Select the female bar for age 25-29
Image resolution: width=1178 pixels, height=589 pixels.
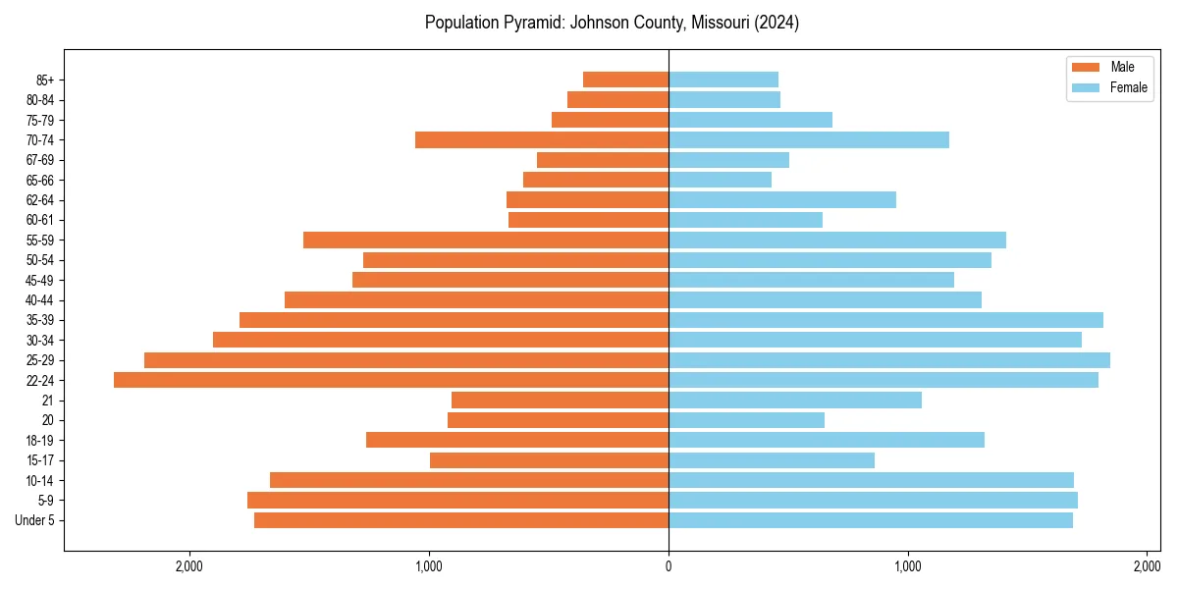click(x=889, y=360)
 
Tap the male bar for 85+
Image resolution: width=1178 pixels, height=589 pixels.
click(x=625, y=80)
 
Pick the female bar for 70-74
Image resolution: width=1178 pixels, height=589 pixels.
click(x=809, y=139)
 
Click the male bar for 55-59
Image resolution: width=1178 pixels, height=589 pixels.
click(x=486, y=240)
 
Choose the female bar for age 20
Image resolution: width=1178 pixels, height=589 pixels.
click(x=746, y=420)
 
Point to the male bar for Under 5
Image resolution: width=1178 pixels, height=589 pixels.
click(x=461, y=520)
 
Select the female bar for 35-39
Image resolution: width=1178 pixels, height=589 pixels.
click(x=885, y=320)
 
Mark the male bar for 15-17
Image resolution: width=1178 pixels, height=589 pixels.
click(x=549, y=460)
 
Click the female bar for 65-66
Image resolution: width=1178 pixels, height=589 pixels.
click(x=720, y=180)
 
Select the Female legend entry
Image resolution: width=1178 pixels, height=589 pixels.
click(x=1128, y=87)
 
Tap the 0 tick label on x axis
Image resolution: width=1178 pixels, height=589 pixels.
click(x=669, y=566)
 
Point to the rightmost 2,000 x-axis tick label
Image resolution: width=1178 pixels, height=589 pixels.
click(x=1147, y=566)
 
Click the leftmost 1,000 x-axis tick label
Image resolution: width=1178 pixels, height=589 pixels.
click(x=429, y=566)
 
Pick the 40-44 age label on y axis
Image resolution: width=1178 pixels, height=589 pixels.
click(x=40, y=300)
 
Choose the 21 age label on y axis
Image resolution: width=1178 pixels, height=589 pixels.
click(x=47, y=401)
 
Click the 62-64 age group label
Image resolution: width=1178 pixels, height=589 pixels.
click(x=40, y=200)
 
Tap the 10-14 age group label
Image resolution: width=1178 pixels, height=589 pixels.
click(x=40, y=481)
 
